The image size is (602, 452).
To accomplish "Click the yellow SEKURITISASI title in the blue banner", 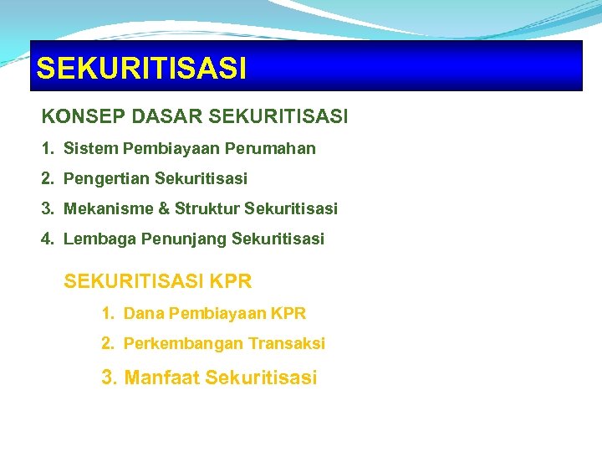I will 141,68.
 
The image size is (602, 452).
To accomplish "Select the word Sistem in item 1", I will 90,149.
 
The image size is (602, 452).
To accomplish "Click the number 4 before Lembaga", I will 47,239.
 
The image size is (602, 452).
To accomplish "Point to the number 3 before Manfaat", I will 108,378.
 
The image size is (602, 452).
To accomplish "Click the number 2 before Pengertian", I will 47,179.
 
